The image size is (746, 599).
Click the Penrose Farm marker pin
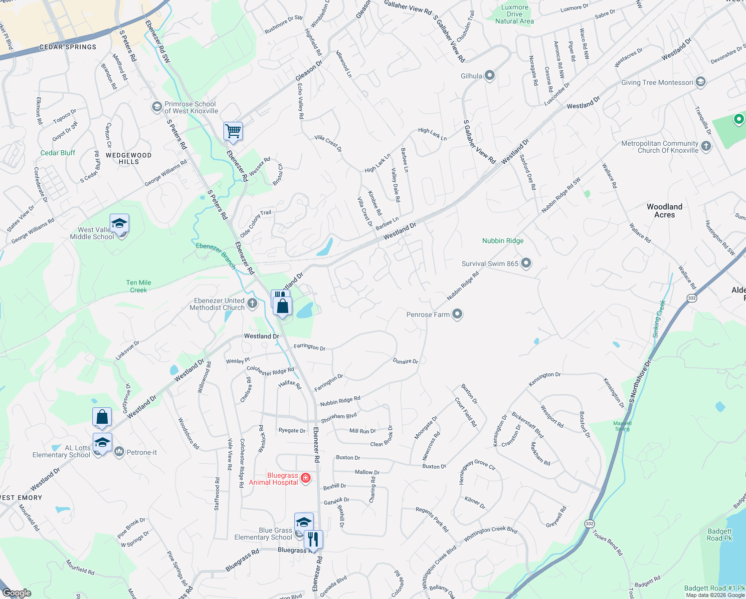[x=457, y=314]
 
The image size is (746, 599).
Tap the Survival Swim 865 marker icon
[x=526, y=263]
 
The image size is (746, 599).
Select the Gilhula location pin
[x=490, y=75]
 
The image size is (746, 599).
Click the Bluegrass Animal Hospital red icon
[x=306, y=478]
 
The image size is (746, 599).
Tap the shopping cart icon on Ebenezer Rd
[x=233, y=132]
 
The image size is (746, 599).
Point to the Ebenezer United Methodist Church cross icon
[x=252, y=303]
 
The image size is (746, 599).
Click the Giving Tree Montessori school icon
[x=701, y=82]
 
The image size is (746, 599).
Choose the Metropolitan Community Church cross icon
[x=706, y=146]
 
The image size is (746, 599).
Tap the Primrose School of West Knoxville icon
[x=157, y=107]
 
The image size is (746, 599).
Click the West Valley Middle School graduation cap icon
[x=119, y=224]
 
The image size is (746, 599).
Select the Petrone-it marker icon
[x=119, y=452]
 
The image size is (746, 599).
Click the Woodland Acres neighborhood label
[x=664, y=211]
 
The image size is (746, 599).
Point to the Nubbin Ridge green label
[x=503, y=241]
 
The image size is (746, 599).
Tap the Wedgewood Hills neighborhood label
[x=129, y=158]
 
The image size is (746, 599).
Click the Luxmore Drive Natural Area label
[x=514, y=14]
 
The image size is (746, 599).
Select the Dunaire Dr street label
[x=405, y=361]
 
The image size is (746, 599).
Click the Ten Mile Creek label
[x=139, y=286]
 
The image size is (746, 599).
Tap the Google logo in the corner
[x=16, y=593]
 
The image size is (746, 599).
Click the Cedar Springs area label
[x=68, y=47]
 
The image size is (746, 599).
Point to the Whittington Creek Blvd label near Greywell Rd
[x=490, y=534]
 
